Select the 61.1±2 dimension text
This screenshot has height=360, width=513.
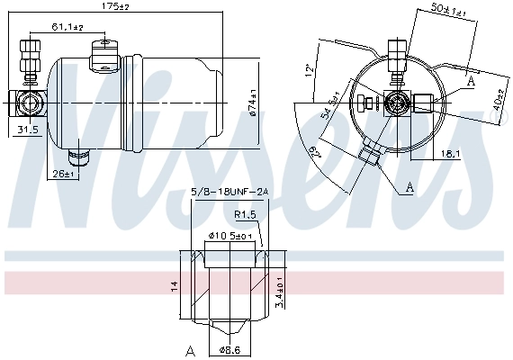67,28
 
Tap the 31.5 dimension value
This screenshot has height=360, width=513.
28,130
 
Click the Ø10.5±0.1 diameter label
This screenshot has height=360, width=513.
229,237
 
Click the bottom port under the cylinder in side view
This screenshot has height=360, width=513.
83,158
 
